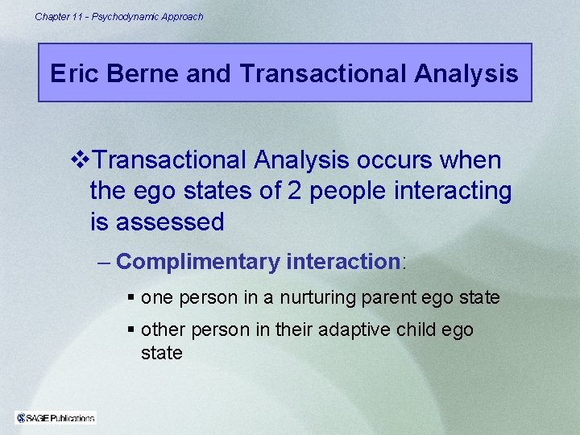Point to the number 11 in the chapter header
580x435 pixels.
click(77, 16)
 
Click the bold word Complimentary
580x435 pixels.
click(198, 262)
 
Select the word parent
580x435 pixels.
click(386, 297)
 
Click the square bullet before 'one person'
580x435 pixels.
click(131, 298)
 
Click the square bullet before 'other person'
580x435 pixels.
click(131, 330)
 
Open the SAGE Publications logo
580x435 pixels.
click(56, 417)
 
